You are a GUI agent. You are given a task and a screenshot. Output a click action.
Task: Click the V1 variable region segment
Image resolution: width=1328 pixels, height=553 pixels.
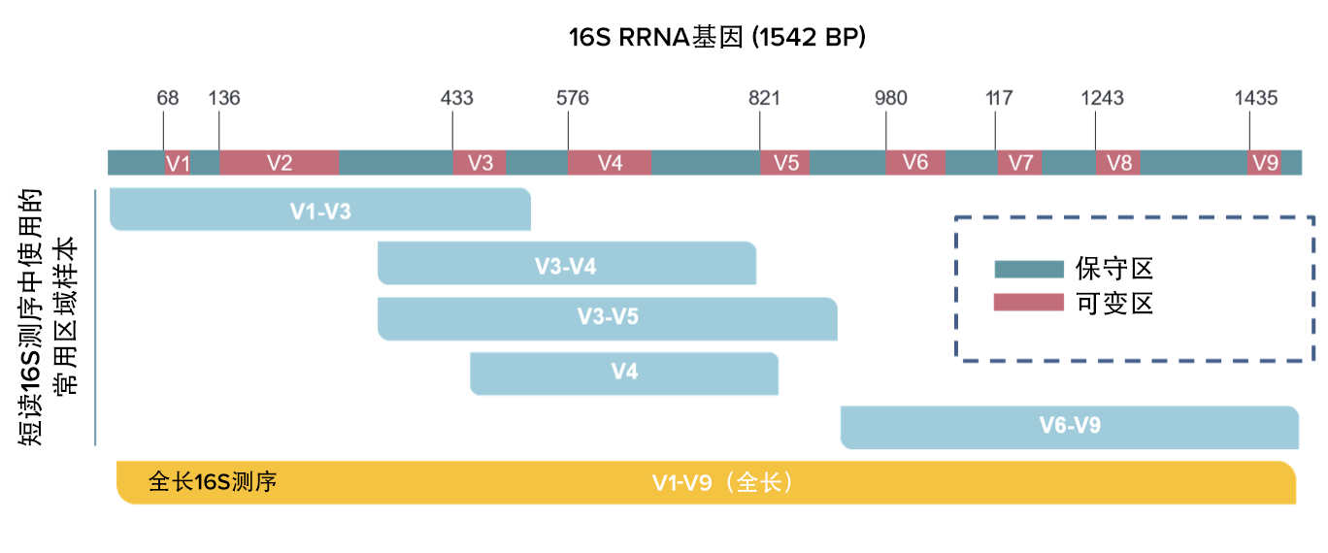pyautogui.click(x=177, y=163)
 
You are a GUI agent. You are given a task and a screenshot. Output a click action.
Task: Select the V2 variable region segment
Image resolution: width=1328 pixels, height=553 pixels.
pyautogui.click(x=279, y=163)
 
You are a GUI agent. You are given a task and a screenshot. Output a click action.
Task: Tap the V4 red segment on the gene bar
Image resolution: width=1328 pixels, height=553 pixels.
pyautogui.click(x=610, y=163)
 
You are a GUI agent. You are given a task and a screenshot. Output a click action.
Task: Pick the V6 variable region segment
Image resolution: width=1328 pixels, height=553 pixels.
pyautogui.click(x=914, y=163)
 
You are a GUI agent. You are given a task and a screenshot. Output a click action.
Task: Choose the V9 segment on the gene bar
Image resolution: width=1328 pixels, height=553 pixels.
pyautogui.click(x=1264, y=163)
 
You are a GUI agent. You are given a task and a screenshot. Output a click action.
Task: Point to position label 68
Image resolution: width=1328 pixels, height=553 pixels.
pyautogui.click(x=168, y=98)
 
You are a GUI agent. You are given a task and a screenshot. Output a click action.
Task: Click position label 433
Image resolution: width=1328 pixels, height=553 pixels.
pyautogui.click(x=456, y=98)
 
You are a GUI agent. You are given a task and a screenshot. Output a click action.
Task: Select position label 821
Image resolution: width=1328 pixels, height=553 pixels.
pyautogui.click(x=764, y=98)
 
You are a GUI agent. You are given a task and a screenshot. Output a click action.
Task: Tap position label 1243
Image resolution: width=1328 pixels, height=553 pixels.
pyautogui.click(x=1102, y=98)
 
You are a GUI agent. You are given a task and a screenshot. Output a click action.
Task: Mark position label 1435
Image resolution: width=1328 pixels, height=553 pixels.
pyautogui.click(x=1256, y=98)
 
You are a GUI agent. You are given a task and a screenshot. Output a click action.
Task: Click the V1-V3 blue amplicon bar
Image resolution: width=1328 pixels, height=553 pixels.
pyautogui.click(x=320, y=211)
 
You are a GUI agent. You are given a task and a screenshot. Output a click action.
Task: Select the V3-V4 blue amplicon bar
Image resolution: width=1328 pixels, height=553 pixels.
pyautogui.click(x=566, y=264)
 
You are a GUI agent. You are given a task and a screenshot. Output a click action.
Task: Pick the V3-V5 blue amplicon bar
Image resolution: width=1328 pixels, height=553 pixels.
pyautogui.click(x=607, y=318)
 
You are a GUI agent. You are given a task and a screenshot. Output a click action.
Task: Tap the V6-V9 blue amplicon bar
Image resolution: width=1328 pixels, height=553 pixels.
pyautogui.click(x=1069, y=427)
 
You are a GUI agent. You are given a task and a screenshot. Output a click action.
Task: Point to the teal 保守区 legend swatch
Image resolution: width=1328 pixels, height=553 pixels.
pyautogui.click(x=1028, y=269)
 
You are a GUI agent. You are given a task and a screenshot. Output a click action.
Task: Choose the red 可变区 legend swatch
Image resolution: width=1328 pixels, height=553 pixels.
pyautogui.click(x=1028, y=304)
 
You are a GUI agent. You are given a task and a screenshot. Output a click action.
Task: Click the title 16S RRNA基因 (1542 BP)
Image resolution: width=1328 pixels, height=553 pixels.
pyautogui.click(x=716, y=38)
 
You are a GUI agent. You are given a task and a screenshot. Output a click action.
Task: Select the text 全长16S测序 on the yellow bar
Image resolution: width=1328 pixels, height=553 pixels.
pyautogui.click(x=213, y=482)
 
